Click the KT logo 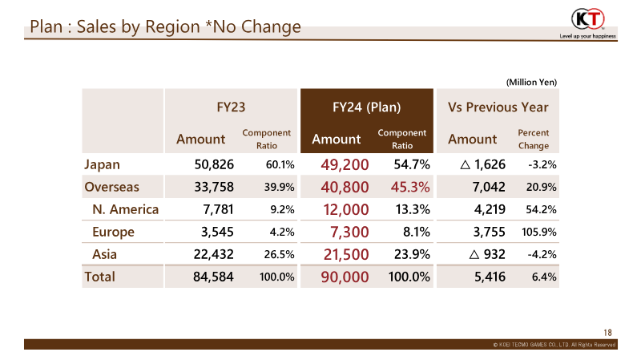click(x=588, y=18)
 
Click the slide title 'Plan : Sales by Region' click(x=115, y=27)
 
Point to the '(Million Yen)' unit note click(x=531, y=83)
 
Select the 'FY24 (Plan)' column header click(x=366, y=107)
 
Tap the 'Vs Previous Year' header click(x=498, y=107)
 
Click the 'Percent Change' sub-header click(x=534, y=139)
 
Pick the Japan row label click(x=103, y=165)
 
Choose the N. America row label click(x=126, y=209)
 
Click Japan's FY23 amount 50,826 click(x=214, y=164)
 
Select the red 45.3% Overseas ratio click(x=410, y=187)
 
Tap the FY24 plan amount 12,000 click(x=346, y=209)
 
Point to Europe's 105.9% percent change click(x=538, y=232)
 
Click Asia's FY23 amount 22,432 click(x=213, y=254)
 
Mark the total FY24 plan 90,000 click(x=345, y=277)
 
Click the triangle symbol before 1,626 click(x=465, y=165)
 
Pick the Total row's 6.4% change click(x=544, y=277)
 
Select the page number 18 click(x=607, y=333)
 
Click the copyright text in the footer click(x=554, y=345)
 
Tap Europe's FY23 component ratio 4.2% click(x=282, y=232)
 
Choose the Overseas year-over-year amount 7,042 click(x=489, y=187)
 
